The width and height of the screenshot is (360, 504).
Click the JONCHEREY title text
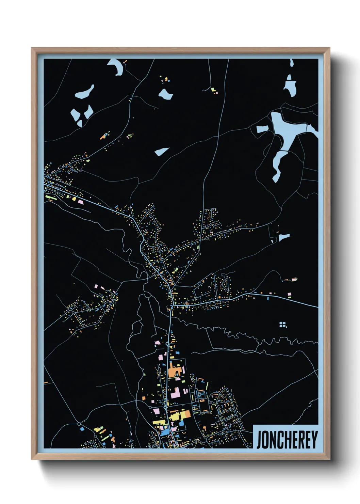click(x=287, y=440)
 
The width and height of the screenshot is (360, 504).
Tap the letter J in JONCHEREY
click(x=259, y=440)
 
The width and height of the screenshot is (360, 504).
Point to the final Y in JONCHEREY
click(x=314, y=440)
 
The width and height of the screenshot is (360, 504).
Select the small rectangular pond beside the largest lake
click(x=262, y=129)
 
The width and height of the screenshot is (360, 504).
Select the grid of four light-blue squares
click(x=282, y=324)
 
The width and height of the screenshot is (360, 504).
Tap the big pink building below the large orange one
click(x=176, y=392)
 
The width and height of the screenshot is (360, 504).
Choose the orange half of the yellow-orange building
click(x=185, y=414)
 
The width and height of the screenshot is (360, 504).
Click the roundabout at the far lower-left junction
click(x=79, y=424)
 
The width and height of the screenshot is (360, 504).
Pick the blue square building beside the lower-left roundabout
click(x=82, y=429)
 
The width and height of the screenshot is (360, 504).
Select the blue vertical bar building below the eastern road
click(x=268, y=298)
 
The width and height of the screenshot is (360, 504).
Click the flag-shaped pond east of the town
click(x=284, y=237)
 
